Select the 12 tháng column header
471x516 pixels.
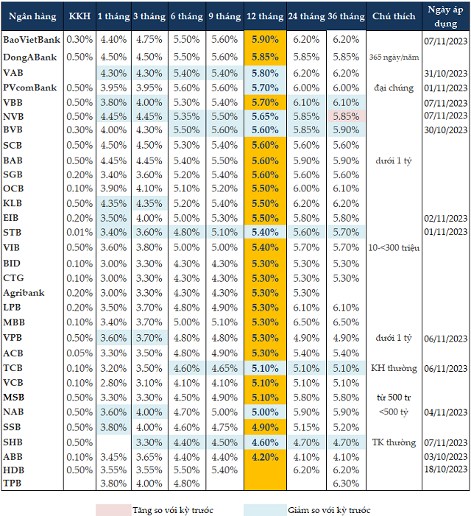click(264, 16)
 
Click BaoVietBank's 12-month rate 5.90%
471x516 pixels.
click(264, 39)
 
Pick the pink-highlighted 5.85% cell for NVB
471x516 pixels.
click(345, 116)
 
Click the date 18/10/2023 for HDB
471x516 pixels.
click(446, 469)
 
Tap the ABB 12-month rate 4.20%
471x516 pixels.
click(264, 456)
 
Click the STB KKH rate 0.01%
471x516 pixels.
click(79, 232)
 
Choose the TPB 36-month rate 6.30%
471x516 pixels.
click(345, 484)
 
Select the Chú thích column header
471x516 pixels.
click(393, 16)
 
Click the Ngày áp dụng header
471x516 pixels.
click(446, 16)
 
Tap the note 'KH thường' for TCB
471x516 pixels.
click(392, 368)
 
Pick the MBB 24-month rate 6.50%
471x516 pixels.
click(305, 322)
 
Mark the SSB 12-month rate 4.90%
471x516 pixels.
click(264, 427)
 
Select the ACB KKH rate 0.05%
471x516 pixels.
click(79, 353)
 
